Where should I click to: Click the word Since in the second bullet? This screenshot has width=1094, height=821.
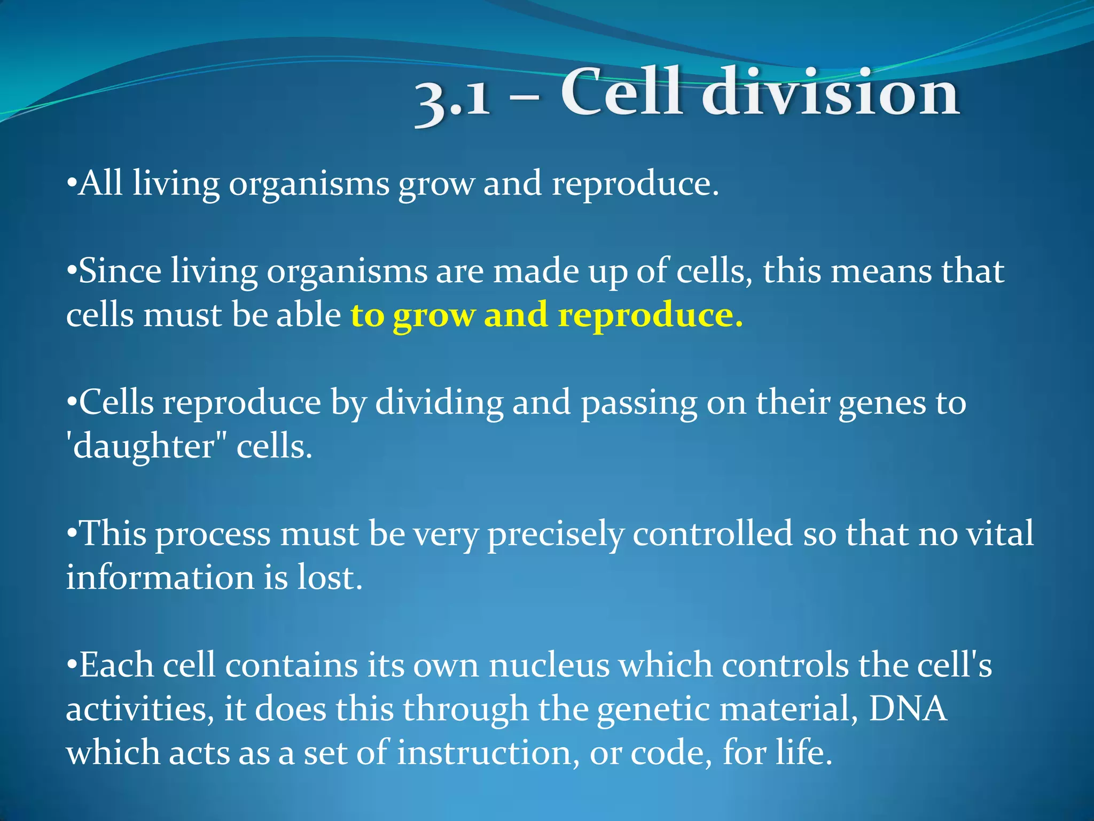click(120, 271)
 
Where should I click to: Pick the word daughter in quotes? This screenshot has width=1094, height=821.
click(143, 446)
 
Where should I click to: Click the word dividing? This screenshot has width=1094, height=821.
click(439, 404)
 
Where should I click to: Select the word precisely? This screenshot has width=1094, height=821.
click(556, 535)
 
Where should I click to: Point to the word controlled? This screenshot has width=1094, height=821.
click(713, 534)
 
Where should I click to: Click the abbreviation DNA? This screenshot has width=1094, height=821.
click(908, 709)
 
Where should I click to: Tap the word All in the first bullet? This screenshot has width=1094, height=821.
click(100, 183)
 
